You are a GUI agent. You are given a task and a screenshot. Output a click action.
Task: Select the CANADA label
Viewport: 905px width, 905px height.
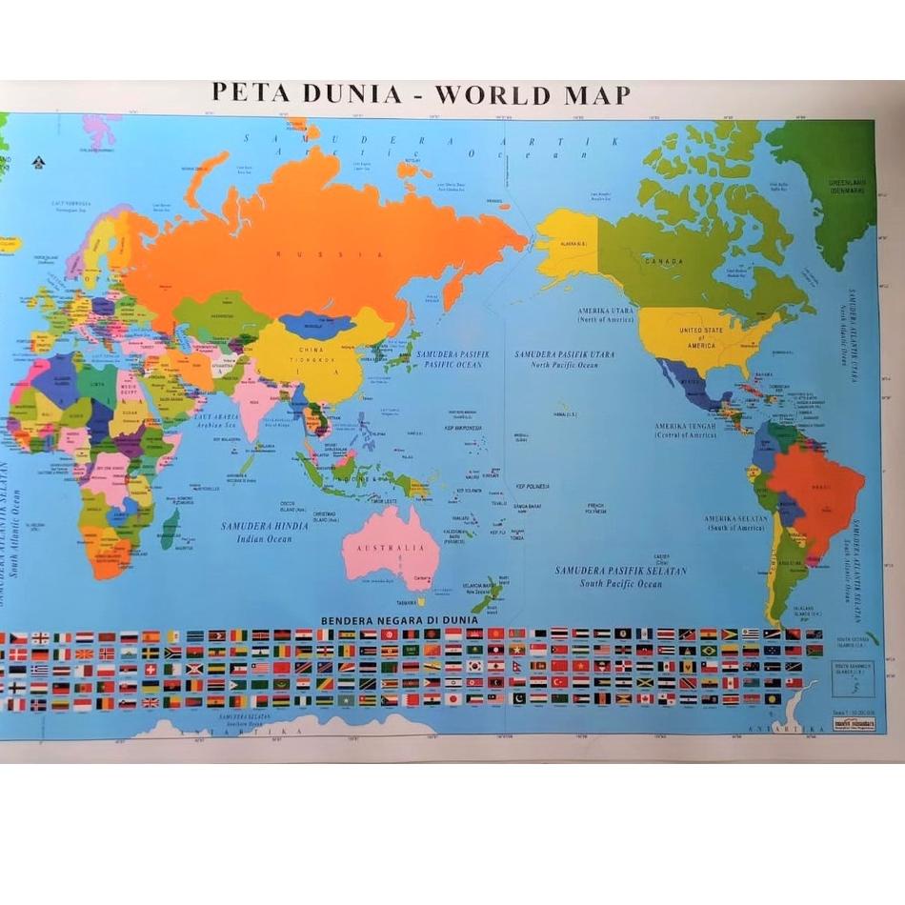[664, 261]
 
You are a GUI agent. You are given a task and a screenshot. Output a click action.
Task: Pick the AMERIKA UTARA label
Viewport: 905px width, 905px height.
[605, 312]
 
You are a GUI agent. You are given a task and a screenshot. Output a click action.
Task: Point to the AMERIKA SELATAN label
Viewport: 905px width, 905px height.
[735, 521]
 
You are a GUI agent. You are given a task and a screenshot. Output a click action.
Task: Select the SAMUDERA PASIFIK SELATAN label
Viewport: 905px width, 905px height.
[609, 574]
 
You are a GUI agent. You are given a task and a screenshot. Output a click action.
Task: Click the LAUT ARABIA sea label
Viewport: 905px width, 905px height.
[216, 419]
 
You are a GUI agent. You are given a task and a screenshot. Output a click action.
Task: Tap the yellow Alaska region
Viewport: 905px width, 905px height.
[567, 243]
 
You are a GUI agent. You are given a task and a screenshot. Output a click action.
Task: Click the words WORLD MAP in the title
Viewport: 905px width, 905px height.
[533, 94]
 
